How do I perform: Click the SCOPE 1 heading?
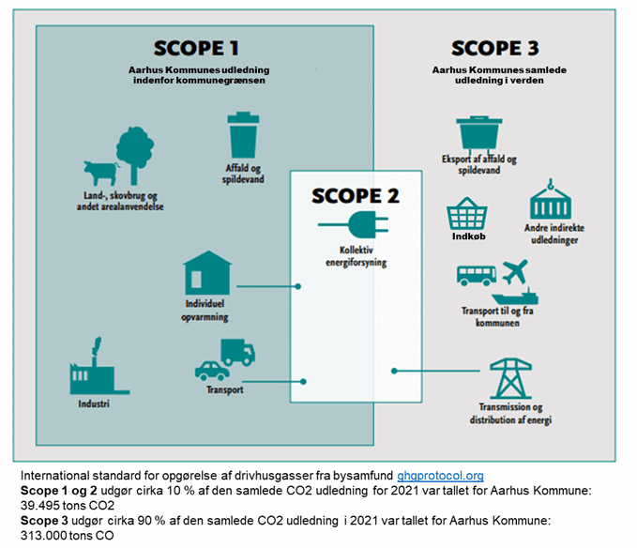[196, 48]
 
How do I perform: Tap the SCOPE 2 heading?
[355, 196]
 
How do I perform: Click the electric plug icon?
[350, 225]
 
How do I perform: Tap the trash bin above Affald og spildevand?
[243, 135]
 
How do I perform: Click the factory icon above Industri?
[93, 376]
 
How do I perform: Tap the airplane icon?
[516, 274]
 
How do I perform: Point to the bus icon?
[476, 276]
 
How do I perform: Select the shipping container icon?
[551, 202]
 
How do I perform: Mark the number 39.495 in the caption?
[39, 504]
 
